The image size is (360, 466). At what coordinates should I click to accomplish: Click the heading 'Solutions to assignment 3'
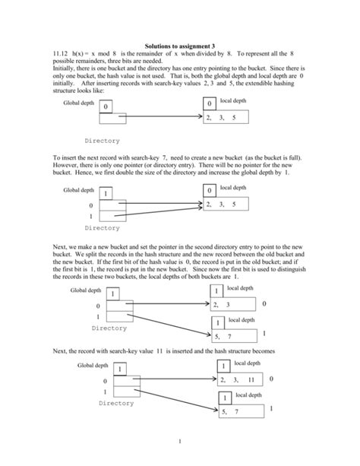click(179, 46)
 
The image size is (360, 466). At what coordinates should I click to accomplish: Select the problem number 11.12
click(62, 55)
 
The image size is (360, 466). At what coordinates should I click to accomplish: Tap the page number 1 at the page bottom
click(180, 441)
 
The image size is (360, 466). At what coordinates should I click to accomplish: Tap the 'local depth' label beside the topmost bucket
click(233, 100)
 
